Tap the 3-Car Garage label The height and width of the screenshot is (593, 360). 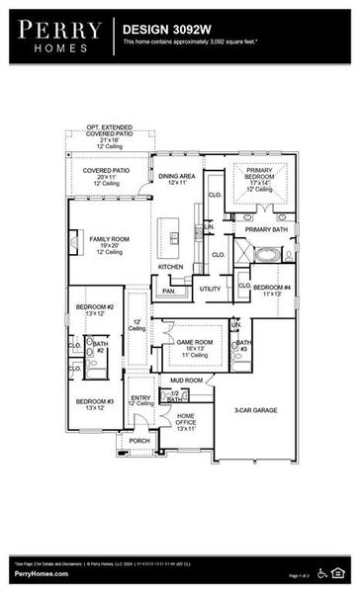[254, 409]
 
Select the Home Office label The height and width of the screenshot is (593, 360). [186, 421]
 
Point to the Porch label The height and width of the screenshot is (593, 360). [139, 441]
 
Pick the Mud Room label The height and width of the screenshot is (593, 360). [186, 380]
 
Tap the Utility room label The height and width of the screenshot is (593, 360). [210, 289]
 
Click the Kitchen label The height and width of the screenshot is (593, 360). [171, 267]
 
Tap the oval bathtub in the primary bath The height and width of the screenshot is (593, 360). [267, 254]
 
